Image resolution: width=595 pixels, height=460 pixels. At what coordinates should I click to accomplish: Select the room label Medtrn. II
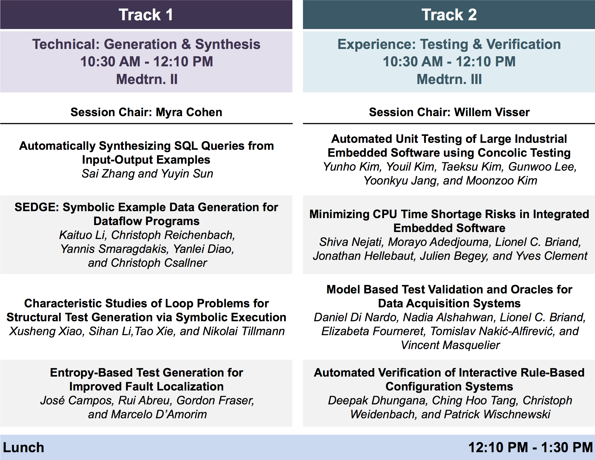[147, 79]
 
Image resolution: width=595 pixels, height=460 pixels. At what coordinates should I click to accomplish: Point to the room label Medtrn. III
[449, 79]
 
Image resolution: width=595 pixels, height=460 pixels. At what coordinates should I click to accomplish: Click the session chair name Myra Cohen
[189, 112]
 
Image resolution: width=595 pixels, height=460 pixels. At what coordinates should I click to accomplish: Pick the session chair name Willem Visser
[492, 112]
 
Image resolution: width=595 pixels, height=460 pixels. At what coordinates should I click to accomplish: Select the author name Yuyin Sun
[187, 174]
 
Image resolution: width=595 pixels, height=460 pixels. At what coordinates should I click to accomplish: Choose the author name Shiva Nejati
[352, 242]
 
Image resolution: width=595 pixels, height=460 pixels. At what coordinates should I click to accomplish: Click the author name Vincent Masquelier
[450, 345]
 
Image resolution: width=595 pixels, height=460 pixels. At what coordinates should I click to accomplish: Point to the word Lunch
[23, 447]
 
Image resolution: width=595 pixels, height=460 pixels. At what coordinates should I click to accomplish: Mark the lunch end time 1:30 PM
[567, 447]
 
